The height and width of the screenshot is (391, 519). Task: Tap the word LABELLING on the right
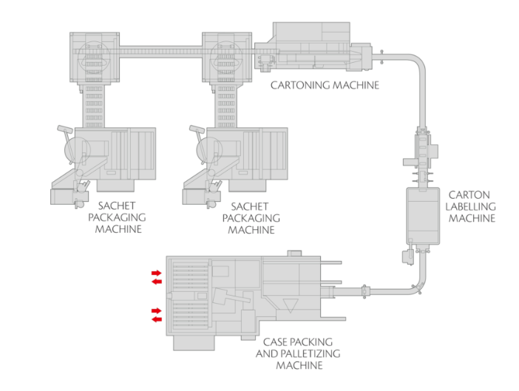click(472, 206)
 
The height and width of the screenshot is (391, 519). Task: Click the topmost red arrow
click(156, 273)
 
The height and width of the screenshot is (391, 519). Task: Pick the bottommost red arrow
click(156, 319)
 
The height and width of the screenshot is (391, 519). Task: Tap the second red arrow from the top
click(156, 282)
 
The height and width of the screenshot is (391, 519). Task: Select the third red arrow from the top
click(156, 310)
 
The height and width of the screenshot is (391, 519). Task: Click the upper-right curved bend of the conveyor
click(414, 61)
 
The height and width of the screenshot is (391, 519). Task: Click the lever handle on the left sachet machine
click(63, 136)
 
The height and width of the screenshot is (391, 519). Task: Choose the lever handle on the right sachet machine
click(197, 136)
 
